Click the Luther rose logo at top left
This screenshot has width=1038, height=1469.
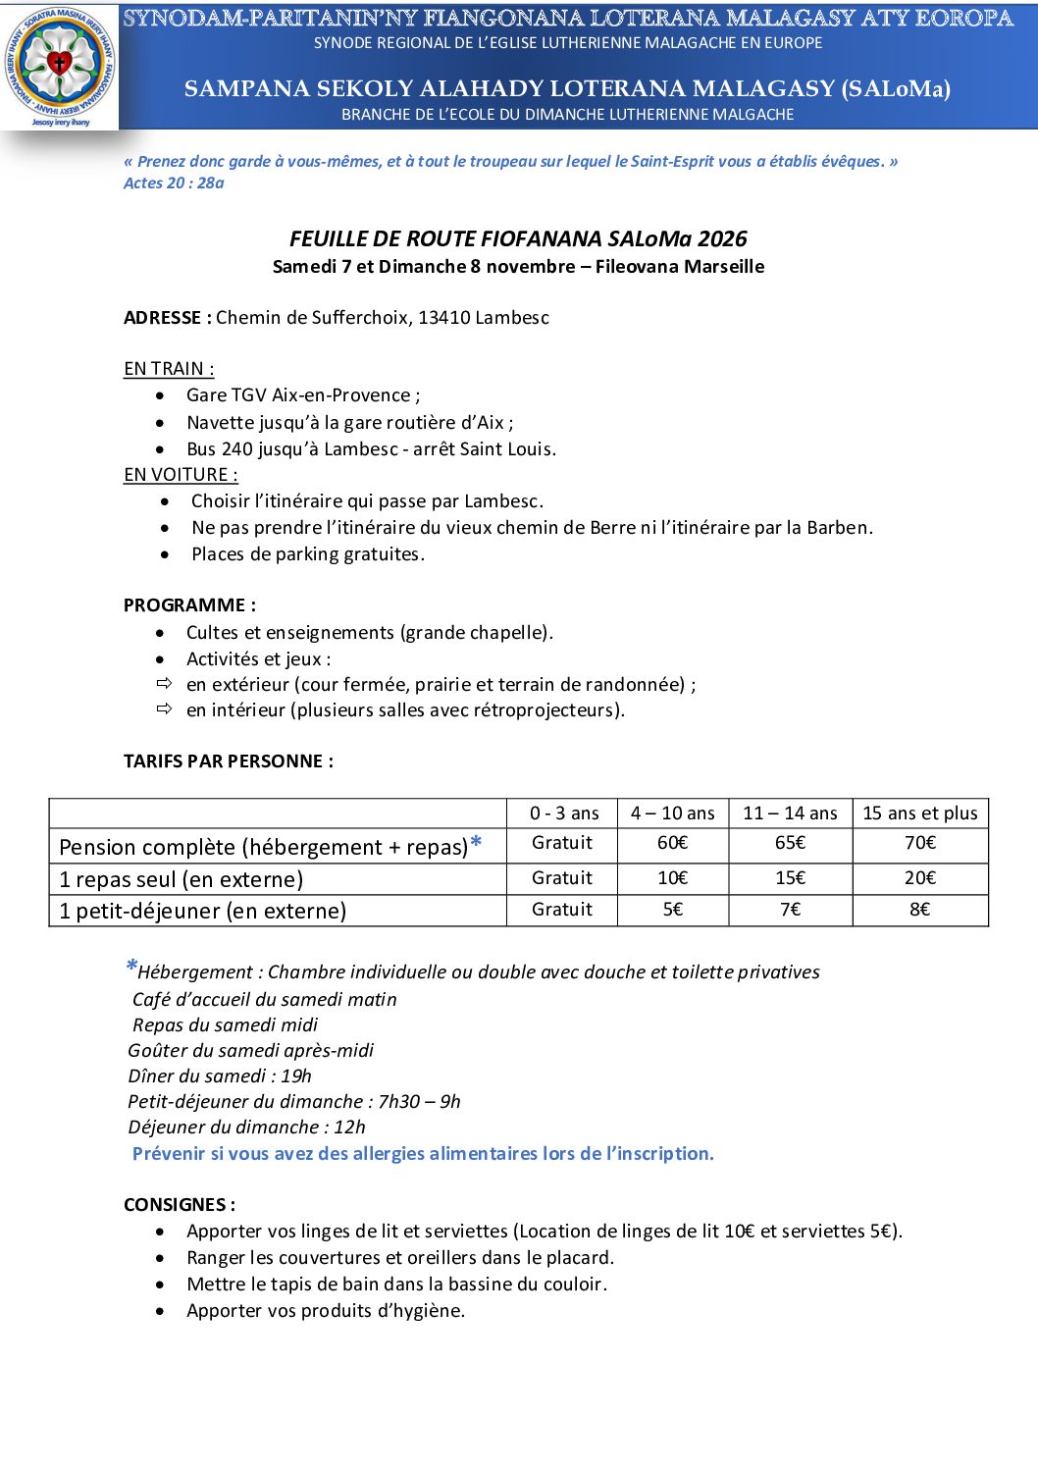[x=60, y=65]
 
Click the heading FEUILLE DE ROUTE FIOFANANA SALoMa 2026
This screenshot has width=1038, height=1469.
[x=518, y=238]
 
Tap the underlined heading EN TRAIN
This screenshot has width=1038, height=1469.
[x=169, y=369]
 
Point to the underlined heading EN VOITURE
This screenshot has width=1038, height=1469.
[x=181, y=475]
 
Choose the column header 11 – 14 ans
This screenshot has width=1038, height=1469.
[x=790, y=813]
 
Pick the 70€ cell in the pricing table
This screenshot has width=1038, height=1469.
[x=920, y=843]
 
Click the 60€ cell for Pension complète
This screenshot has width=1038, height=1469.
[x=672, y=843]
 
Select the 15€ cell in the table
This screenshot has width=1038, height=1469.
[x=790, y=878]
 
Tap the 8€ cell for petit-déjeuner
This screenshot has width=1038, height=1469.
[x=919, y=910]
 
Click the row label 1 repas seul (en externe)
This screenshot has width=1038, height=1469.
[x=181, y=879]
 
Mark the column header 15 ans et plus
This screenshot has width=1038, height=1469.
[x=920, y=813]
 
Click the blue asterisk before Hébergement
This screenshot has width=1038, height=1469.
[x=130, y=968]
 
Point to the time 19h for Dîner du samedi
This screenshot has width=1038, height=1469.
[x=296, y=1076]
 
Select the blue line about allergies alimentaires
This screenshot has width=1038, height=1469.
[x=423, y=1154]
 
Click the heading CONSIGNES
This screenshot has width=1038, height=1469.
[x=179, y=1205]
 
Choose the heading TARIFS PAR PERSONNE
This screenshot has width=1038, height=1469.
[x=228, y=761]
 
